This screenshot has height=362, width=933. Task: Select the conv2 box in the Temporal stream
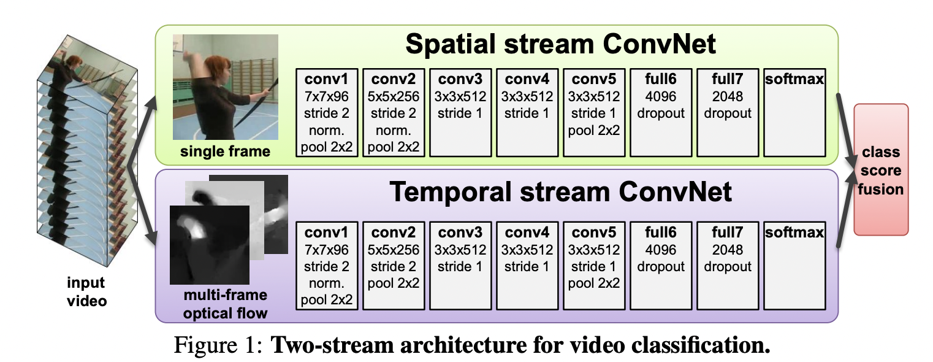[x=393, y=266]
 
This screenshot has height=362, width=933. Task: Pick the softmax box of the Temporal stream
[x=794, y=266]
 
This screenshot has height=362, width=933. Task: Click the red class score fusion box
[x=881, y=169]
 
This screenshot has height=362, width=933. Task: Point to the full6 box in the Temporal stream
[x=661, y=266]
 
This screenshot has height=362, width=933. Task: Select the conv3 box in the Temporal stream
[x=460, y=266]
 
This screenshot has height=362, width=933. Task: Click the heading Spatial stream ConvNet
[x=560, y=45]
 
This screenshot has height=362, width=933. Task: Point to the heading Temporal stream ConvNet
[x=560, y=191]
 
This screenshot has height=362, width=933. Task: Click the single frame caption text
[x=225, y=151]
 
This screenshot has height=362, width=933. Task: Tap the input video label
[x=86, y=292]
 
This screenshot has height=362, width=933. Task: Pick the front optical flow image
[x=208, y=244]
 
